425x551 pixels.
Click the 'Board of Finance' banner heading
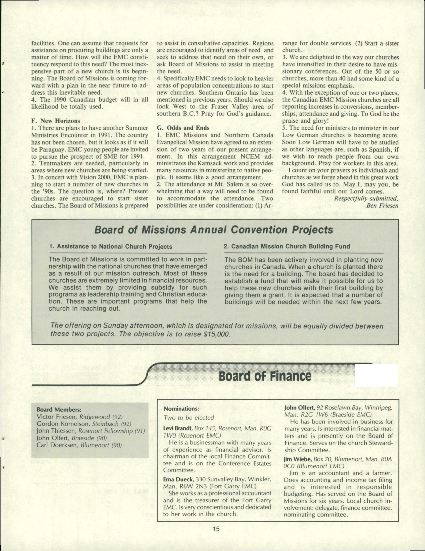point(265,376)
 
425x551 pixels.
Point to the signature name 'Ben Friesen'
point(382,205)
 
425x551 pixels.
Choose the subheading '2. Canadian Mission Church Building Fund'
point(287,246)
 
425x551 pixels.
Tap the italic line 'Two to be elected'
point(188,418)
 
